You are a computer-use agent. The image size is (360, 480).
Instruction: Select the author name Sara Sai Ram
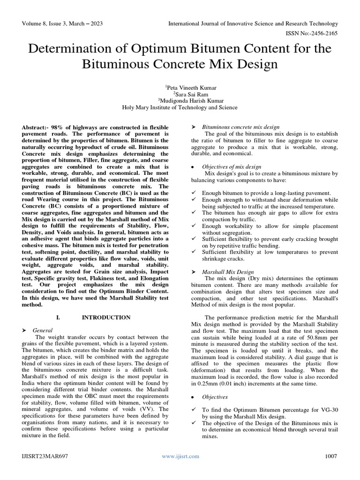point(180,94)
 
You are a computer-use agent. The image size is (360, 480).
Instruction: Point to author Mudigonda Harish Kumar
point(180,100)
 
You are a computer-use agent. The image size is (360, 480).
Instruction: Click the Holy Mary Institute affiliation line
point(180,107)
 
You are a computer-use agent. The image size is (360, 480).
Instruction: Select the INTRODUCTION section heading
point(106,317)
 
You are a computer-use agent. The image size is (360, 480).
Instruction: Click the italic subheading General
point(42,330)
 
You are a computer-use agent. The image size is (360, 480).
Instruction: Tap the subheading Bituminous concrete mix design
point(240,127)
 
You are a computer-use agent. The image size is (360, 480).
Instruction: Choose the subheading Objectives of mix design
point(232,166)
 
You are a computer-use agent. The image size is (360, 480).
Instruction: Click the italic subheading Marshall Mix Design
point(228,271)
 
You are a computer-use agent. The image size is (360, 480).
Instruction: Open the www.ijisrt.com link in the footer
point(180,456)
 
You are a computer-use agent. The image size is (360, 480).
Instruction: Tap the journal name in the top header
point(253,23)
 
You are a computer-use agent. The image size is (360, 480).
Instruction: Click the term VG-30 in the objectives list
point(327,410)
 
